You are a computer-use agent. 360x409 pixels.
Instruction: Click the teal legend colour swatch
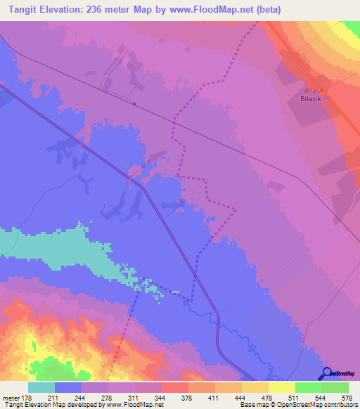[x=41, y=388]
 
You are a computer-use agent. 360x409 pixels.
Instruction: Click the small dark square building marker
[x=133, y=104]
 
